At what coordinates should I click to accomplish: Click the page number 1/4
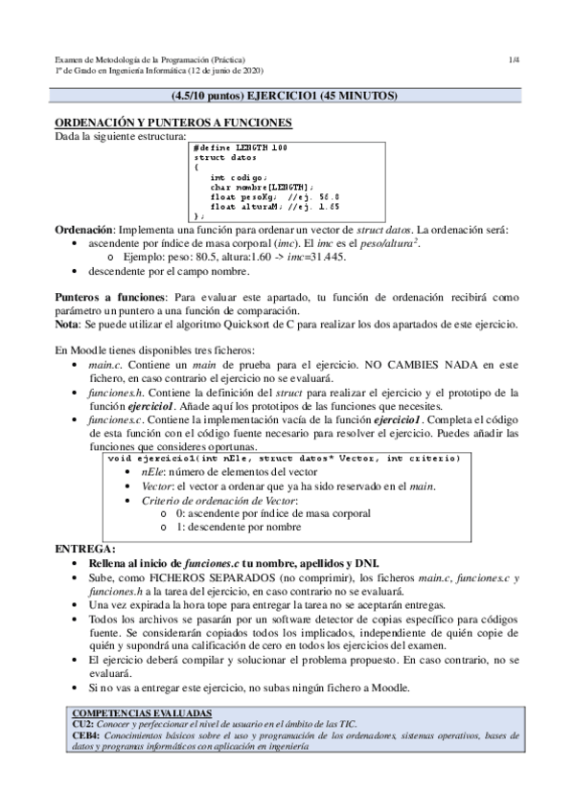coord(514,60)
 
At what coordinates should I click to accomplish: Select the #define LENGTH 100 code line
coord(240,147)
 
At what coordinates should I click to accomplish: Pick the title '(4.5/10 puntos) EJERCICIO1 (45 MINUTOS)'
coord(285,97)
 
